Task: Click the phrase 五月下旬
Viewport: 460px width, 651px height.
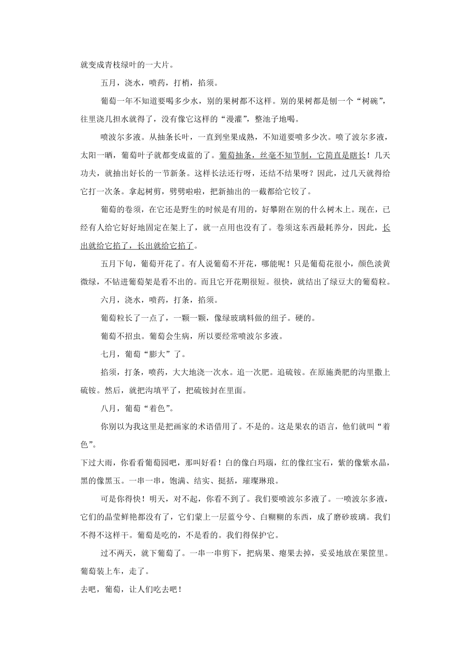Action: [x=117, y=264]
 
